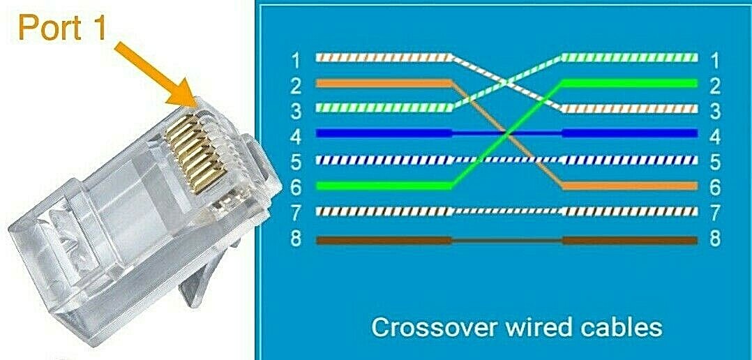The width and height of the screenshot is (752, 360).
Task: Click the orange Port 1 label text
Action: tap(62, 27)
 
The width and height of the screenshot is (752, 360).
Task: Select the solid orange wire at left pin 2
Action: tap(383, 84)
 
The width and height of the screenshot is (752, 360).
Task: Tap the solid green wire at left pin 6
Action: tap(383, 186)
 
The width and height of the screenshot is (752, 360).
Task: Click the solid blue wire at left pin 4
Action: tap(383, 133)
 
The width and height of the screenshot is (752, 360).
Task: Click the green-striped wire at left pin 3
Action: tap(383, 107)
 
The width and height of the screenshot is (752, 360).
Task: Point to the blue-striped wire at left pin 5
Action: tap(383, 160)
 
